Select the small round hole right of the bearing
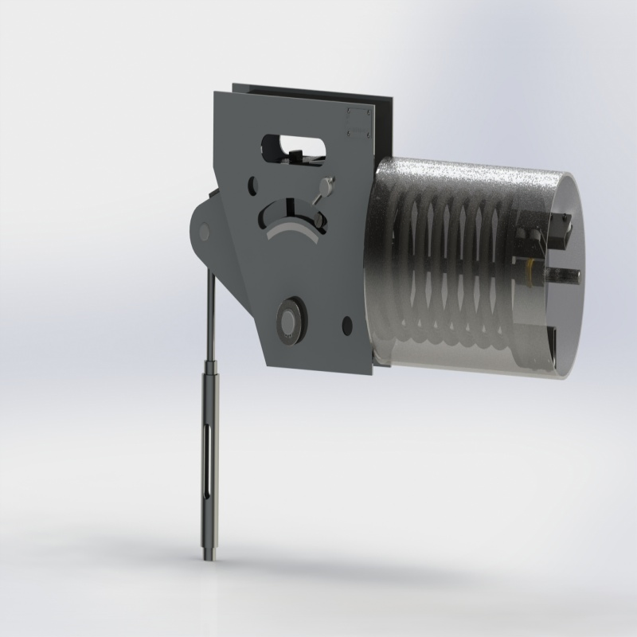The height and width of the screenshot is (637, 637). coord(346,324)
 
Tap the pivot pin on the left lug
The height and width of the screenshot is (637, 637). coord(203,232)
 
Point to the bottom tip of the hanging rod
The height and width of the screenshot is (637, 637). coord(208,560)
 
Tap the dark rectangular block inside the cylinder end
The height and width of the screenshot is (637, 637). coord(557,231)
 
